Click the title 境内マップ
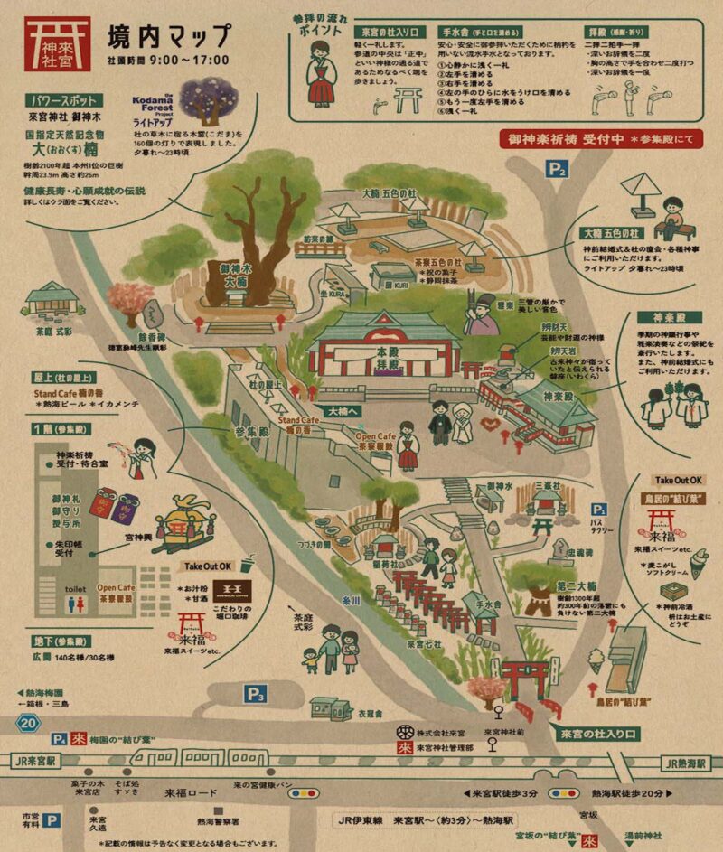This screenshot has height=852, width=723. [x=168, y=39]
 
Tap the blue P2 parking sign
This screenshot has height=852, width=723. [x=557, y=168]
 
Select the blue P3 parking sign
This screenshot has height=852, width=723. [x=257, y=694]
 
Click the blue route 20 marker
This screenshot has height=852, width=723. [x=30, y=722]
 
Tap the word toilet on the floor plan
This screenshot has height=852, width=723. [x=75, y=588]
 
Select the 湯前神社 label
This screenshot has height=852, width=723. [x=646, y=835]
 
